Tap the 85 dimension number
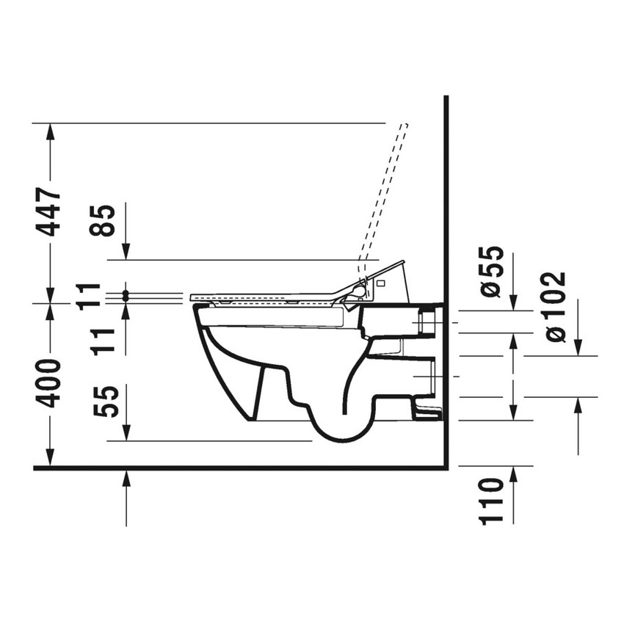(x=106, y=220)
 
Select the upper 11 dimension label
(x=90, y=295)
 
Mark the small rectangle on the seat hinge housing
(x=380, y=282)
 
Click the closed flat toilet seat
(x=264, y=298)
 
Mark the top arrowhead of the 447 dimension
(x=50, y=131)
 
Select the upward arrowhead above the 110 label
(x=512, y=474)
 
